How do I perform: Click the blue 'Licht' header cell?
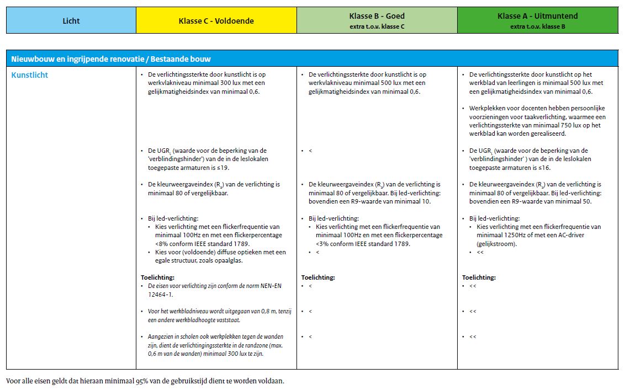click(x=71, y=21)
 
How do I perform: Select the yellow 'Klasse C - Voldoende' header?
click(x=216, y=21)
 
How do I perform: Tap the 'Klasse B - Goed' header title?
click(x=377, y=17)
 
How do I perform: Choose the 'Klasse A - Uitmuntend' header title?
click(x=537, y=17)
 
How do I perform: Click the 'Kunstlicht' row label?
click(x=30, y=75)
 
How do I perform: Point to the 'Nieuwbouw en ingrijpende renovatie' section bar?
click(x=110, y=59)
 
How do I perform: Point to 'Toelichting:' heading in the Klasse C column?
click(x=157, y=277)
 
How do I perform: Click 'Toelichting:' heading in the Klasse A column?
click(x=479, y=277)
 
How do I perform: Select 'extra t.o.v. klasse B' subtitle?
click(x=537, y=26)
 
